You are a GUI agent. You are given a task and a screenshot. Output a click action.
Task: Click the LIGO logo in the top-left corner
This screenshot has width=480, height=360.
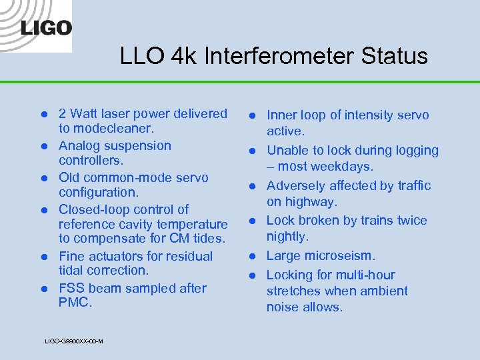tap(45, 27)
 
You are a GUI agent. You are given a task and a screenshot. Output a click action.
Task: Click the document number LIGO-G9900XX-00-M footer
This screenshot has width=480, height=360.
tap(73, 341)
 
